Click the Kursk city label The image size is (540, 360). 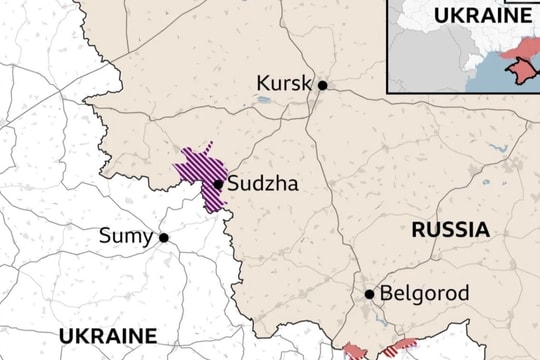[284, 83]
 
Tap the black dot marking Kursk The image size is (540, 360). [323, 86]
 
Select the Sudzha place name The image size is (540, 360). [263, 184]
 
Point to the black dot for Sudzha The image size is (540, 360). [218, 184]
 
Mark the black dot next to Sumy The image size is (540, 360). [163, 238]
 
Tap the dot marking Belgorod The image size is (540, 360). [369, 294]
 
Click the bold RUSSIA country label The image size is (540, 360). [451, 229]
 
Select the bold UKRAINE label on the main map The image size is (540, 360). [107, 335]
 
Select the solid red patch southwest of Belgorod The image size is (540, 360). [354, 351]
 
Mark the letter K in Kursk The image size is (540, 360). [263, 83]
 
